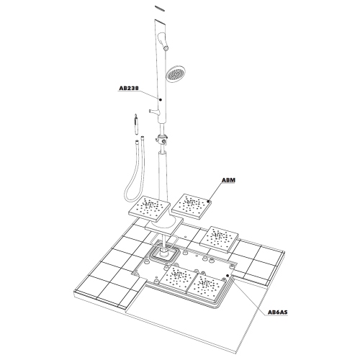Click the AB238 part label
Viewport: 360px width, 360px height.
click(x=129, y=89)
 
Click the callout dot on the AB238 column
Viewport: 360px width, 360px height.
click(x=160, y=99)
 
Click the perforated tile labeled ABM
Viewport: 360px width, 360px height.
click(x=192, y=207)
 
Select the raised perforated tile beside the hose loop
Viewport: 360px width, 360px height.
click(x=150, y=209)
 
